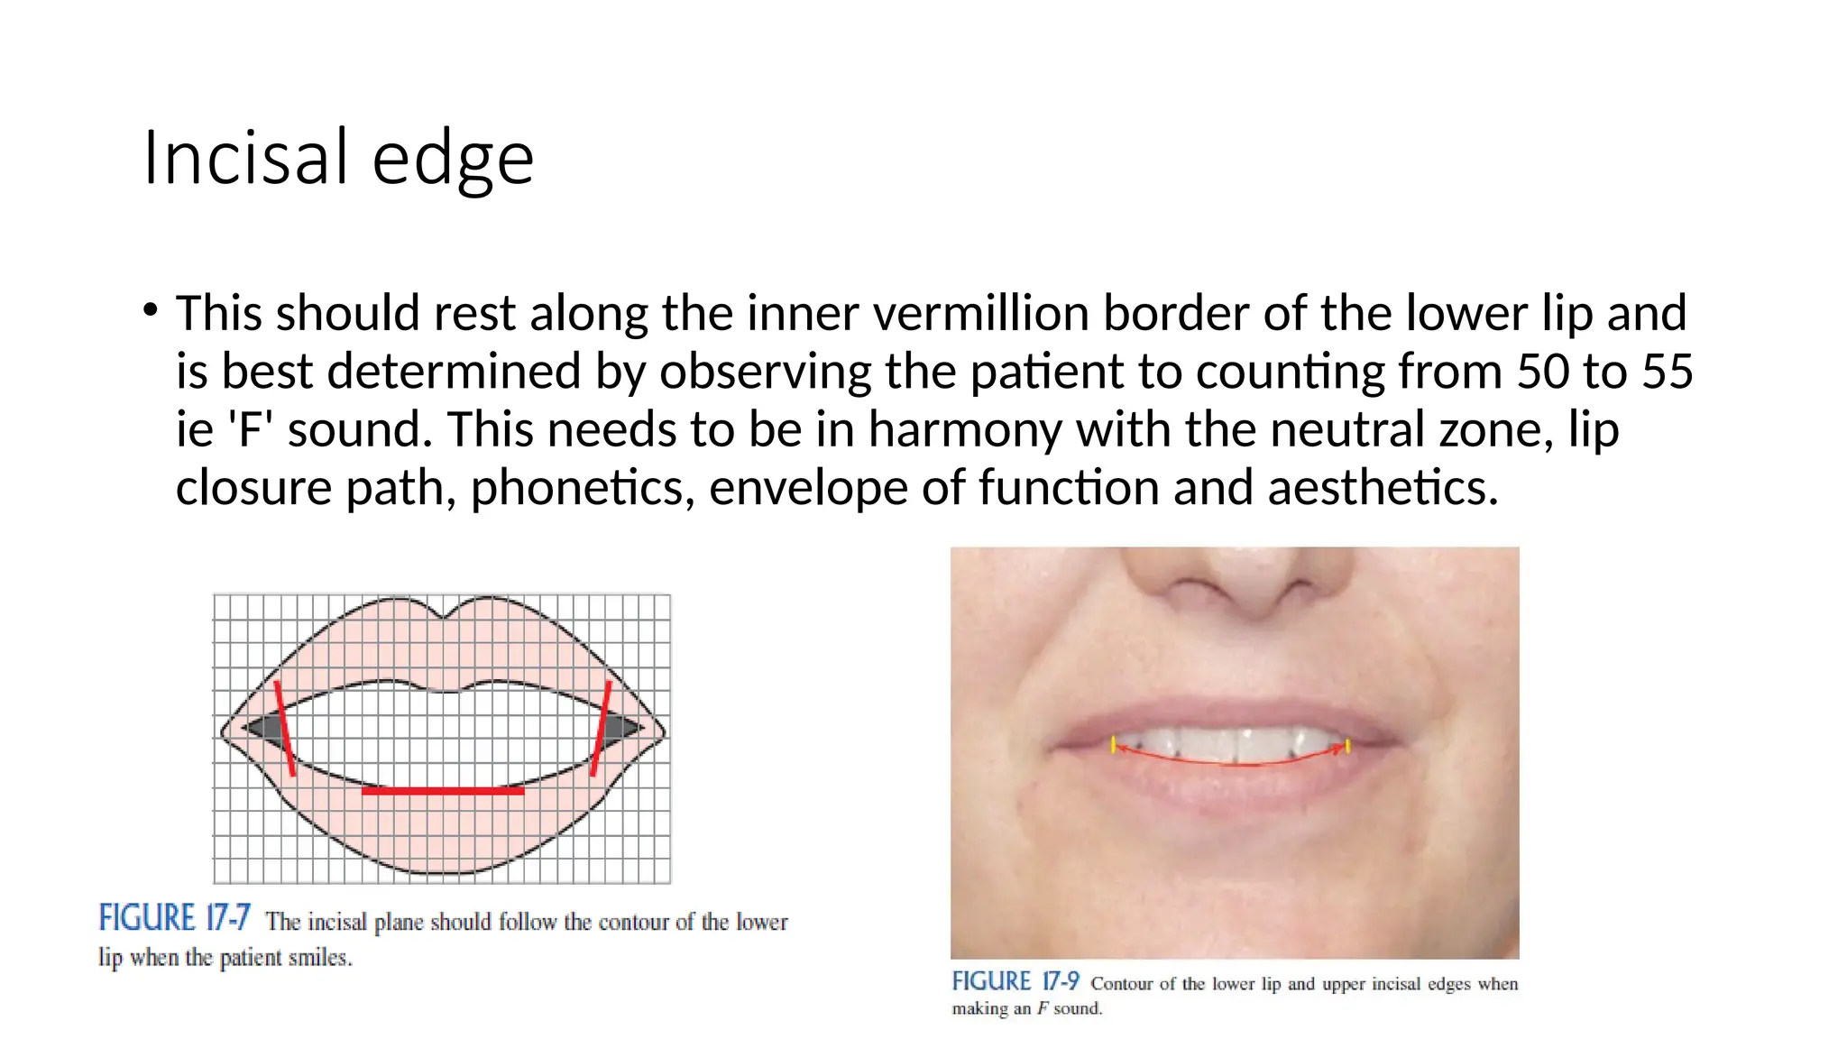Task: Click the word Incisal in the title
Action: point(245,158)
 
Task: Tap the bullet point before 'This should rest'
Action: point(151,311)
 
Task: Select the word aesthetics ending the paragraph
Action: point(1383,488)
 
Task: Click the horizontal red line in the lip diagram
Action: point(443,791)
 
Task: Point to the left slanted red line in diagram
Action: point(285,729)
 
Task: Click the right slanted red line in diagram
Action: point(601,729)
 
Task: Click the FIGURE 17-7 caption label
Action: point(174,918)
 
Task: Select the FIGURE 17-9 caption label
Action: point(1015,981)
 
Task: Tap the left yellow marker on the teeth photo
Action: point(1114,744)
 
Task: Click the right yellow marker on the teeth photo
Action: point(1347,746)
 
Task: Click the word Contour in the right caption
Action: point(1121,983)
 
